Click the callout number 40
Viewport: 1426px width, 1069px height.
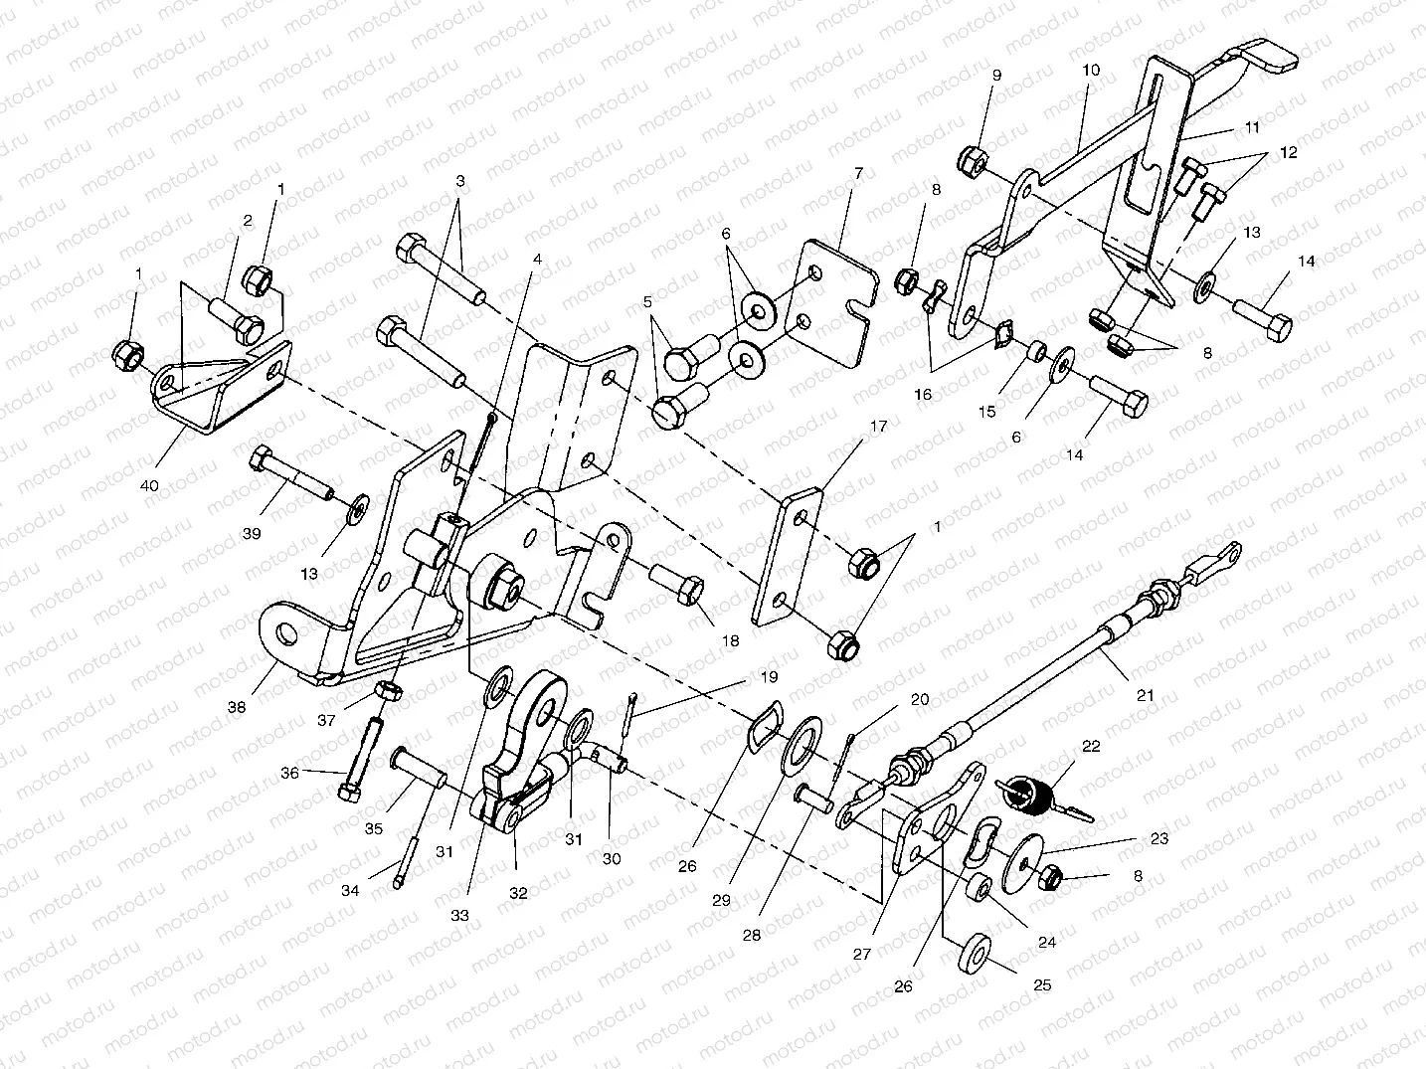tap(149, 485)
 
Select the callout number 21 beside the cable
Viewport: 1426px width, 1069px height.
tap(1146, 695)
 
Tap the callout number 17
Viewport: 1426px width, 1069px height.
tap(877, 427)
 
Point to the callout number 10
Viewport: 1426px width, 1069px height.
tap(1091, 71)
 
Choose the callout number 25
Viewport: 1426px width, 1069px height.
tap(1041, 985)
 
